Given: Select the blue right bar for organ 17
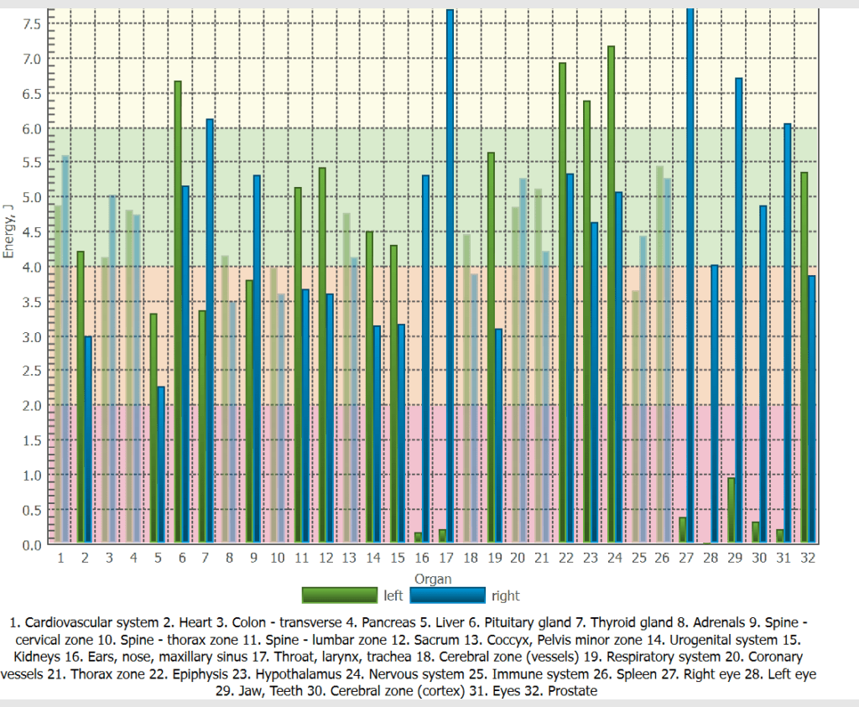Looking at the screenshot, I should pyautogui.click(x=450, y=277).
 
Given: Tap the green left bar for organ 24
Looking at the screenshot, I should pyautogui.click(x=611, y=294).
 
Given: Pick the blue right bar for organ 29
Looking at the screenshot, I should pyautogui.click(x=739, y=310).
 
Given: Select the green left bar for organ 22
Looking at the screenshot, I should pyautogui.click(x=562, y=302).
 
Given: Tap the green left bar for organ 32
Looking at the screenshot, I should pyautogui.click(x=804, y=357).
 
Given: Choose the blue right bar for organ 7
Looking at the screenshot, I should pyautogui.click(x=210, y=330).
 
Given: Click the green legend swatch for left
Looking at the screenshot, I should pyautogui.click(x=340, y=595).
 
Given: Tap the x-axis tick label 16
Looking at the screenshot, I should pyautogui.click(x=422, y=558).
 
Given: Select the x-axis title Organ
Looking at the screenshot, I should pyautogui.click(x=432, y=579).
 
